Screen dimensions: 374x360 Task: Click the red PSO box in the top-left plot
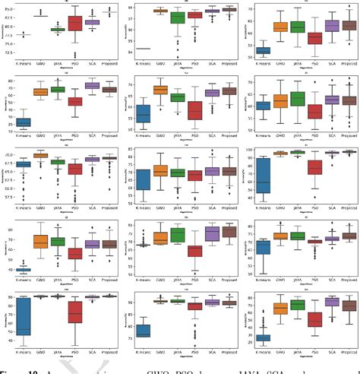coord(74,24)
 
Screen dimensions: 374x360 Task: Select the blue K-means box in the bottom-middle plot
coord(144,331)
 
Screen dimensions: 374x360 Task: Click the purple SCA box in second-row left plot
coord(92,86)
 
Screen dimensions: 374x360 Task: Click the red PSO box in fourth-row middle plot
coord(195,249)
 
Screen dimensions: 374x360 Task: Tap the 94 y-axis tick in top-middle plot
coord(125,48)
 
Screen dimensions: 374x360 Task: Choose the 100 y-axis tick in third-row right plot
coord(246,151)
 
